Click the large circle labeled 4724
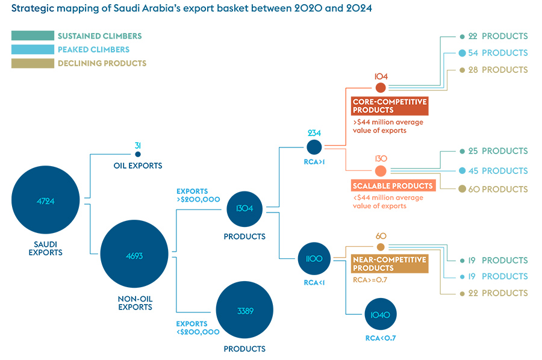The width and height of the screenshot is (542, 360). pos(46,201)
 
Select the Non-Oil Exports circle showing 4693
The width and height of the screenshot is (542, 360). pos(135,255)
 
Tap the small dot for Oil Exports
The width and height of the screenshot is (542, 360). pos(138,155)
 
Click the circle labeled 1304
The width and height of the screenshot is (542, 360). pos(245,209)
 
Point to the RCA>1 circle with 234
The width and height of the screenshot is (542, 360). pos(314,147)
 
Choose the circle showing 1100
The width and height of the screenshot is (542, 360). pos(314,258)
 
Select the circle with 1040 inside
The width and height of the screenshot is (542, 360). pos(381,314)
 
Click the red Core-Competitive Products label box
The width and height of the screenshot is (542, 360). pos(390,106)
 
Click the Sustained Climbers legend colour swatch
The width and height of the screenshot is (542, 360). pos(33,36)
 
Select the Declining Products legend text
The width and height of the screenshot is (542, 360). pos(102,63)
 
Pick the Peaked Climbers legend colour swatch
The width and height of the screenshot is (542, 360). pos(33,49)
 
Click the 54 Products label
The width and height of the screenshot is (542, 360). pos(497,53)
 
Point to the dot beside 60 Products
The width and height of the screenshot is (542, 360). pos(463,189)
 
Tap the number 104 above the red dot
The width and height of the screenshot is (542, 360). pos(381,76)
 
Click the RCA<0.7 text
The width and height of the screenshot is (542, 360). pos(381,338)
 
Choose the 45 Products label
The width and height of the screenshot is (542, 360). pos(497,170)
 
